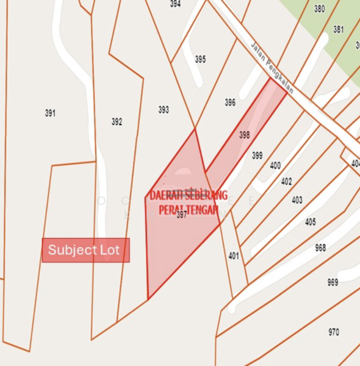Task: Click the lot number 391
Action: point(50,113)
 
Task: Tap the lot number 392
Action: point(117,122)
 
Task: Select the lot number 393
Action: point(164,110)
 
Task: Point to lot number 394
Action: point(175,4)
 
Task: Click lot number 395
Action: point(200,59)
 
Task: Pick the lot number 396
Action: point(230,102)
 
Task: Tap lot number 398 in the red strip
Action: point(245,135)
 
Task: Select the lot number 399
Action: point(257,156)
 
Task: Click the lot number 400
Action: point(275,165)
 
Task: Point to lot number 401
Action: point(234,256)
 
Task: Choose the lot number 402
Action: point(287,181)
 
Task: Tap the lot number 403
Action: point(297,200)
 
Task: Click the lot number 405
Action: point(311,222)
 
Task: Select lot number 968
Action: point(320,248)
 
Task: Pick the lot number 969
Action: point(333,282)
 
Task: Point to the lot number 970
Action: point(334,332)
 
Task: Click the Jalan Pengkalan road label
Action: point(272,68)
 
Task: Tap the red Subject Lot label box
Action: point(85,250)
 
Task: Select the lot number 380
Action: point(319,9)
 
